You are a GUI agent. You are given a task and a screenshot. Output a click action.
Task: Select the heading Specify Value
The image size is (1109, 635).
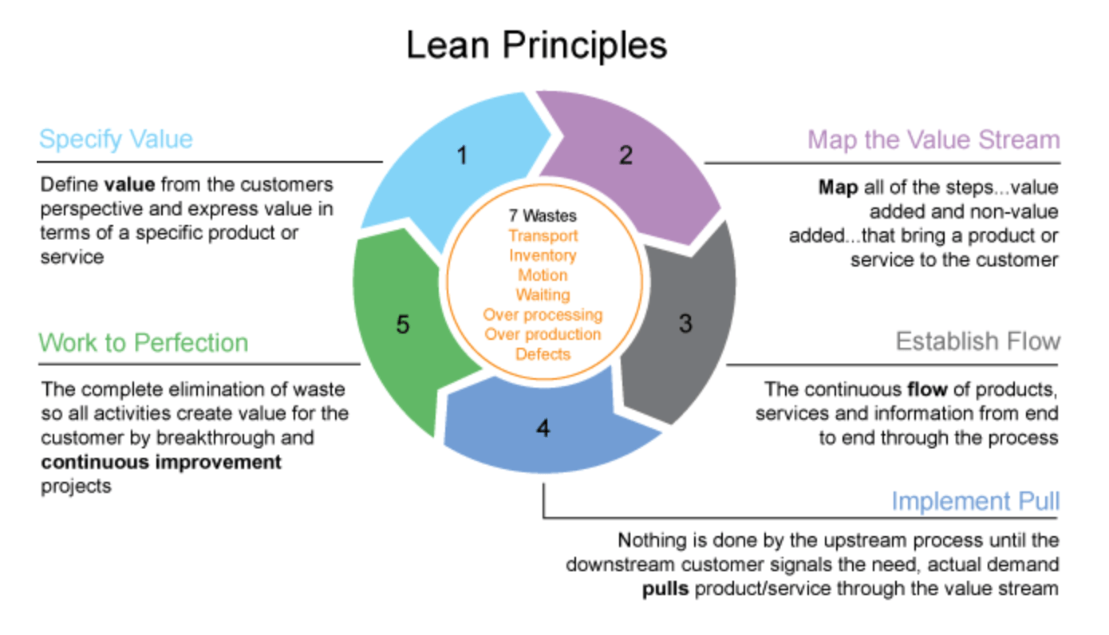(116, 140)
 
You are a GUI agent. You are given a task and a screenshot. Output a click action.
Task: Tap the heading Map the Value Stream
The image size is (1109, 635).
(933, 140)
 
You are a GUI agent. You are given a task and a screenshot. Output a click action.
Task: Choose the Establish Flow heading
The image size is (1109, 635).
(977, 341)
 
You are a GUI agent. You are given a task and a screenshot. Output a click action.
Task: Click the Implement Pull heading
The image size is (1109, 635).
(975, 502)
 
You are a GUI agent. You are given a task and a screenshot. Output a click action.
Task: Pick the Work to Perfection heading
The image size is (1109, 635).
(144, 343)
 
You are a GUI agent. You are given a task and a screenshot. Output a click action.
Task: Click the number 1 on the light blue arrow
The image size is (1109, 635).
(461, 156)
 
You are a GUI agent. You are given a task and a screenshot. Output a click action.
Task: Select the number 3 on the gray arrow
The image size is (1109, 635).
(685, 325)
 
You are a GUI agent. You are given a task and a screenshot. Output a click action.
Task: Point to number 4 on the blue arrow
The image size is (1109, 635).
(543, 428)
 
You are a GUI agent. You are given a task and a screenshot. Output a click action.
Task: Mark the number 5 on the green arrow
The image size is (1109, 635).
(403, 325)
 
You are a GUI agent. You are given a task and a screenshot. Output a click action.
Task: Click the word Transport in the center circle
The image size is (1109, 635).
(543, 236)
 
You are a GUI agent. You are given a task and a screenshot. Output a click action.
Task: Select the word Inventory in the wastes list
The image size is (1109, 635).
(543, 255)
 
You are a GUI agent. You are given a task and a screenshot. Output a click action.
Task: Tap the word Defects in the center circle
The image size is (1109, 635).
(543, 353)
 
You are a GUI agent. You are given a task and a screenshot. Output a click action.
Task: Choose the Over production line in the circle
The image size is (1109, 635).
(543, 334)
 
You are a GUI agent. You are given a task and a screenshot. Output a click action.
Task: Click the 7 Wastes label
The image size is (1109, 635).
(543, 216)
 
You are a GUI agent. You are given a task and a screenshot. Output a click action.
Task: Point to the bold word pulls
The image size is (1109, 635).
(666, 589)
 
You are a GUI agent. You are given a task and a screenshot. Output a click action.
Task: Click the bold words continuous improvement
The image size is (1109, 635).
(161, 463)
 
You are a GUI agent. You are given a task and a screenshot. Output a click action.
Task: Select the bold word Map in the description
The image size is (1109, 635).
(837, 188)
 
